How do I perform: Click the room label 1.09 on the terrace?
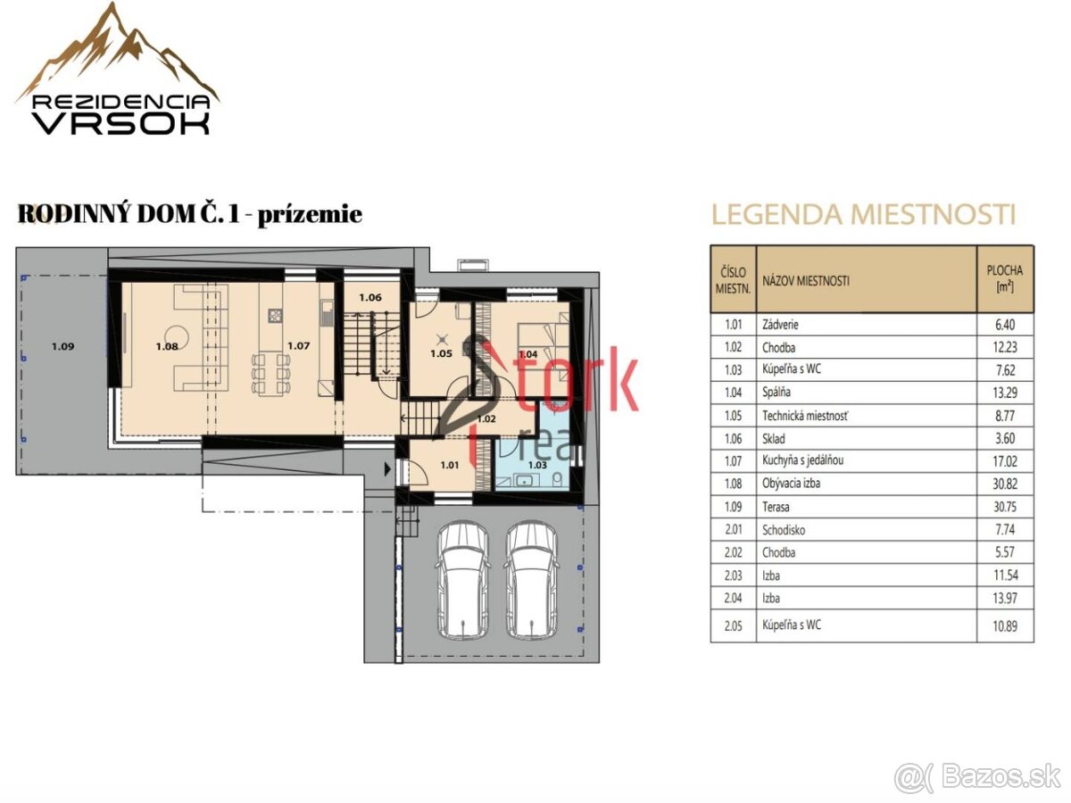(x=63, y=347)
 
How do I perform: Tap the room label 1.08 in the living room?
(x=167, y=347)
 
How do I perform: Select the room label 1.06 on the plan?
(x=370, y=297)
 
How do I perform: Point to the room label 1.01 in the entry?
(x=450, y=465)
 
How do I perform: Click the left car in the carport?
(x=462, y=581)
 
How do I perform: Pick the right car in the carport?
(x=532, y=581)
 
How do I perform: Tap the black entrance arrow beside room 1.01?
(x=387, y=469)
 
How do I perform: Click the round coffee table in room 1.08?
(x=177, y=337)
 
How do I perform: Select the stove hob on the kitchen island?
(x=275, y=316)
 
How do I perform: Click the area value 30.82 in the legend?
(x=1005, y=484)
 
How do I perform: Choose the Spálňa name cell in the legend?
(x=776, y=393)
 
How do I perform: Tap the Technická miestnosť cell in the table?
(x=805, y=416)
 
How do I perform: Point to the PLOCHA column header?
(x=1005, y=278)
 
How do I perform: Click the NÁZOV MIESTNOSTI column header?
(x=806, y=281)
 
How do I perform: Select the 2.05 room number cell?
(x=734, y=625)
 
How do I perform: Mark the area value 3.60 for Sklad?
(x=1005, y=439)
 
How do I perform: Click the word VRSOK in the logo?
(x=121, y=124)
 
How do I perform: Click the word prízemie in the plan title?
(x=310, y=215)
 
